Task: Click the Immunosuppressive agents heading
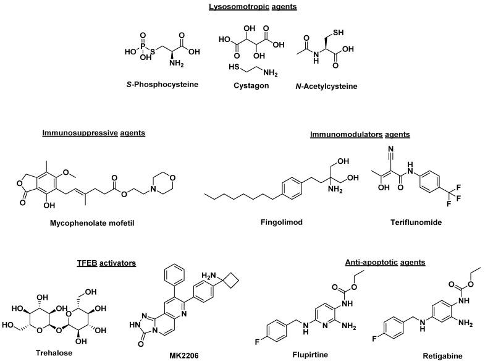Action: pos(93,133)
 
